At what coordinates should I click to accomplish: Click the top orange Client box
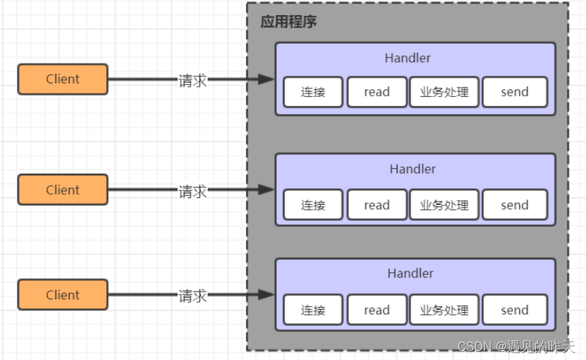click(x=63, y=79)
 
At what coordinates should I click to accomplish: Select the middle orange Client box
click(x=63, y=190)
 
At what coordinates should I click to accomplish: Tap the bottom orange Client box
click(x=63, y=295)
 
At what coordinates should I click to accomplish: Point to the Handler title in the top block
click(x=408, y=58)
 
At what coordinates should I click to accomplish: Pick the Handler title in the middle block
click(x=413, y=169)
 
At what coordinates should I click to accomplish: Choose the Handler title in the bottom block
click(x=410, y=273)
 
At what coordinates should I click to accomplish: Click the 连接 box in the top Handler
click(x=313, y=92)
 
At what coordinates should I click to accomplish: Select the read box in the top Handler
click(x=376, y=92)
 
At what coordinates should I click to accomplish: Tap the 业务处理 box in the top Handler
click(x=444, y=92)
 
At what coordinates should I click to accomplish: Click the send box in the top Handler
click(x=514, y=92)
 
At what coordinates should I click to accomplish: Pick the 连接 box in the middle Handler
click(x=313, y=205)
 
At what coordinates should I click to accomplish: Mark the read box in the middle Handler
click(x=376, y=205)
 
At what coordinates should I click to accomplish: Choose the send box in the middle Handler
click(x=514, y=205)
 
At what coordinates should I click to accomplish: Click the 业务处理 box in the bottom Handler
click(x=444, y=310)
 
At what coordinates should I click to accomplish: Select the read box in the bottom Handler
click(x=376, y=310)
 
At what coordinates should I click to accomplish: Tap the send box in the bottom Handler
click(x=514, y=310)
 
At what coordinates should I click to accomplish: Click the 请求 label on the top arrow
click(x=193, y=80)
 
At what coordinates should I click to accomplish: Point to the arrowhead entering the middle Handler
click(x=266, y=191)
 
